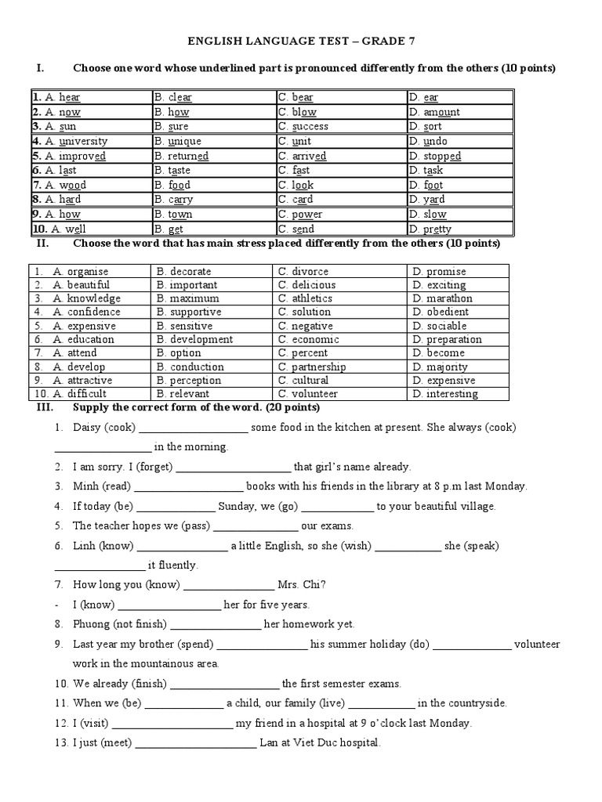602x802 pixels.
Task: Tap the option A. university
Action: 71,142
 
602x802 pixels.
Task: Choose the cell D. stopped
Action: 434,156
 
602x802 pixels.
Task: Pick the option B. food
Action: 172,186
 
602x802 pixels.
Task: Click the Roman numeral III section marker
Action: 45,408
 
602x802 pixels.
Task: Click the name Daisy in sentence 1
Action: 86,428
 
